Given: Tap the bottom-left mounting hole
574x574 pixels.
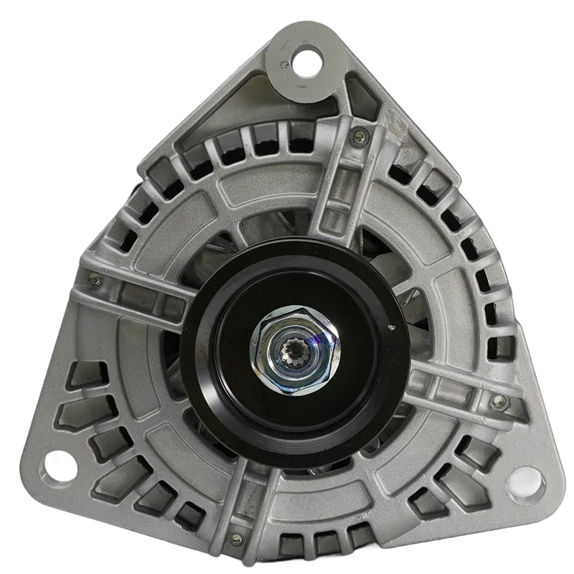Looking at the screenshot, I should [x=62, y=466].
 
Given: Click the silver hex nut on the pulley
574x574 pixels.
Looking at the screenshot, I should [x=295, y=350].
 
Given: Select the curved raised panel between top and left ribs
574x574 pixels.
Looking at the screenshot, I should [x=215, y=208].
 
